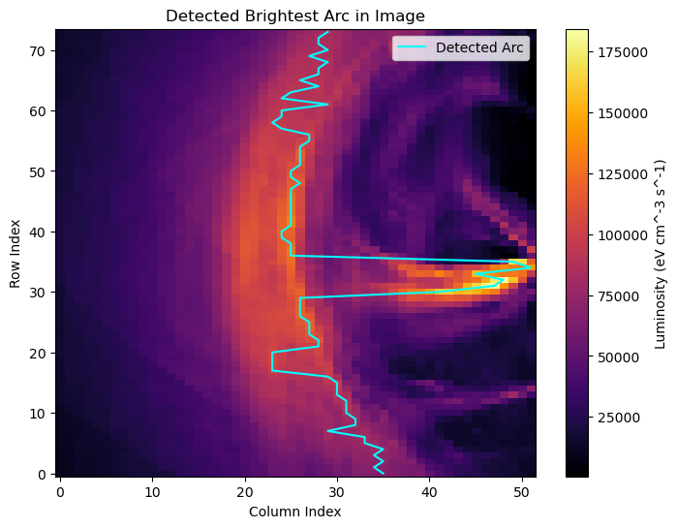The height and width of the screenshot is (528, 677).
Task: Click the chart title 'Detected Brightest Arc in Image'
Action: [x=295, y=16]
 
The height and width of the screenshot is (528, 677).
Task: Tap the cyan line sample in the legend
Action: [x=413, y=47]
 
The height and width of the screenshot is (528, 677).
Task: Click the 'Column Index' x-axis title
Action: [x=295, y=512]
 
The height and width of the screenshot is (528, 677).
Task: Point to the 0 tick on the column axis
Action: [x=60, y=491]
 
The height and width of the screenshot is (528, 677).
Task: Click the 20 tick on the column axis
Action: [x=245, y=491]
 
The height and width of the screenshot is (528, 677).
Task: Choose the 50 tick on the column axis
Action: [x=522, y=491]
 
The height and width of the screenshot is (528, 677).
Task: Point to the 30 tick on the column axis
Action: [x=337, y=491]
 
